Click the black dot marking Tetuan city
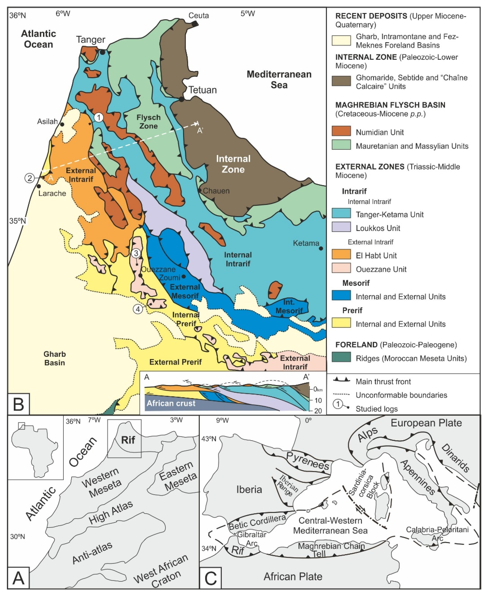click(182, 99)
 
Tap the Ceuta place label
click(199, 15)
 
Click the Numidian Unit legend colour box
click(341, 131)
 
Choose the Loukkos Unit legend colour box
click(341, 227)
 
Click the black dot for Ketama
click(321, 248)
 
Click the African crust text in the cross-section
click(171, 403)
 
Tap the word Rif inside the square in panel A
click(128, 440)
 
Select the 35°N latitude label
click(17, 221)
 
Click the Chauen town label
click(216, 191)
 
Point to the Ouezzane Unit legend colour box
click(341, 268)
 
